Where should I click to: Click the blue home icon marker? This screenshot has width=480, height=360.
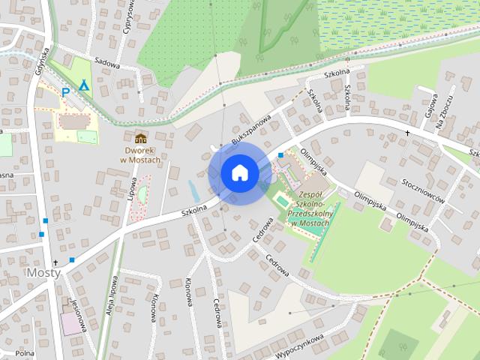pos(240,172)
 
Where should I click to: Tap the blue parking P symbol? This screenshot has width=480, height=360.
pos(65,92)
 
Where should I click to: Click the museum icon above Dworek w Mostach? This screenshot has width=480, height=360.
pos(140,138)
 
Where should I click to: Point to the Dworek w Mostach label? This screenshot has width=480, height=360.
pos(141,154)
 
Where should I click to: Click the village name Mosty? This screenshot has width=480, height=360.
pos(43,272)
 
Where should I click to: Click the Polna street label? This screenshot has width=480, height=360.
pos(25,352)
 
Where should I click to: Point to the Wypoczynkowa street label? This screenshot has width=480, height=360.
pos(299,346)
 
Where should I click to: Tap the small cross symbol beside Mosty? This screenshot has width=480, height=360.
pos(55,262)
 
